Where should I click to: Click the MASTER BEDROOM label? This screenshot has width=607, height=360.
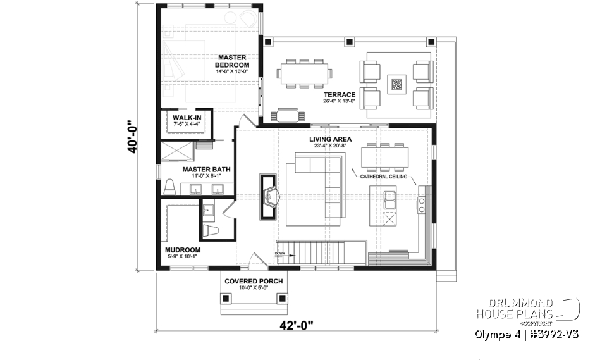[232, 61]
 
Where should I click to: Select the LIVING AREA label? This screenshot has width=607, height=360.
[330, 139]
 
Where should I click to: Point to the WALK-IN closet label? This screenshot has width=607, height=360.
[187, 118]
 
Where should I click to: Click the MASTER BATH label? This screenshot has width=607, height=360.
[206, 170]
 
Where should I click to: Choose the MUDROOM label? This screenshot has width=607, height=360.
[183, 250]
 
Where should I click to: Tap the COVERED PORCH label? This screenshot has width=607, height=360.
[253, 281]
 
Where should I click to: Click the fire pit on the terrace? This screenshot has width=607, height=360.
[396, 84]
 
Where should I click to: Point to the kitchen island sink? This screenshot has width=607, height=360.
[389, 202]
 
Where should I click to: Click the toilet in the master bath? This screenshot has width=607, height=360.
[169, 187]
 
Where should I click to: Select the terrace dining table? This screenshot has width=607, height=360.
[305, 73]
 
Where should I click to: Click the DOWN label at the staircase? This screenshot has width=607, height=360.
[281, 254]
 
